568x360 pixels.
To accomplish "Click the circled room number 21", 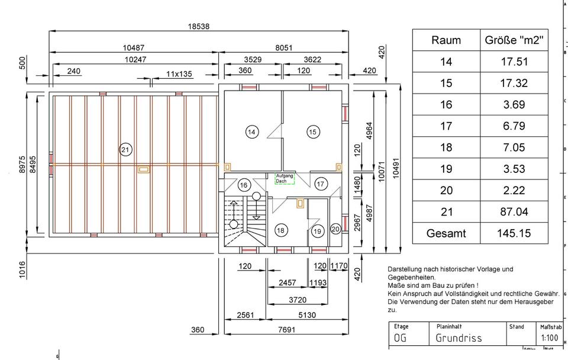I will click(125, 150).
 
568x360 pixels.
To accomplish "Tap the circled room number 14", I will click(252, 132).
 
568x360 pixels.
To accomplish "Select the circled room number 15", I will click(314, 132).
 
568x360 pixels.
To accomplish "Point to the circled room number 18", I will click(280, 230).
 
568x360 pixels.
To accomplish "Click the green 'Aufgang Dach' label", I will click(285, 178).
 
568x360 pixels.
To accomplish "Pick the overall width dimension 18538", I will click(199, 27).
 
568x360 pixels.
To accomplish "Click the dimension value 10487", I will click(134, 48).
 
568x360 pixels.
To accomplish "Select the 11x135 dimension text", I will click(179, 74).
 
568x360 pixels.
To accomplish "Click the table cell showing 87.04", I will click(514, 211).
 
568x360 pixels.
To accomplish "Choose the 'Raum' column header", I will click(446, 40).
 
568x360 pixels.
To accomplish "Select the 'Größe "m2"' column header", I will click(514, 40).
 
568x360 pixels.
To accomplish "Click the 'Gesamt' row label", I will click(446, 233).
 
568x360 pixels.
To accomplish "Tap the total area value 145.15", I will click(514, 233).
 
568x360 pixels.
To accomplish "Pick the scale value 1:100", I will click(549, 338).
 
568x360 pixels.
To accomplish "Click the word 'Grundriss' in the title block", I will click(459, 338).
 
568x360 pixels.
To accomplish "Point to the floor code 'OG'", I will click(401, 338).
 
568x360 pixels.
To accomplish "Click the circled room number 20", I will click(335, 229).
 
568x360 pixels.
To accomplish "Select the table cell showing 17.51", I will click(514, 62).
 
